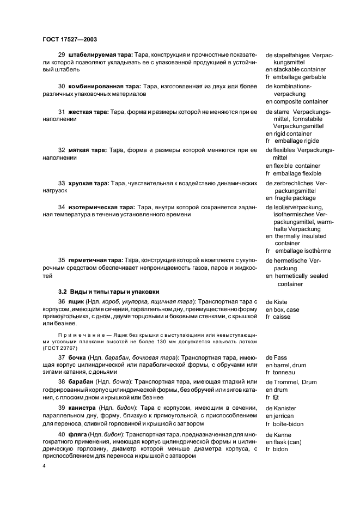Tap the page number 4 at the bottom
[44, 466]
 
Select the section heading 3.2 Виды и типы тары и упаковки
[108, 292]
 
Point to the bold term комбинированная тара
[104, 86]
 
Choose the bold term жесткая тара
[87, 112]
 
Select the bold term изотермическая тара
[101, 208]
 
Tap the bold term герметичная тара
[95, 260]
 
